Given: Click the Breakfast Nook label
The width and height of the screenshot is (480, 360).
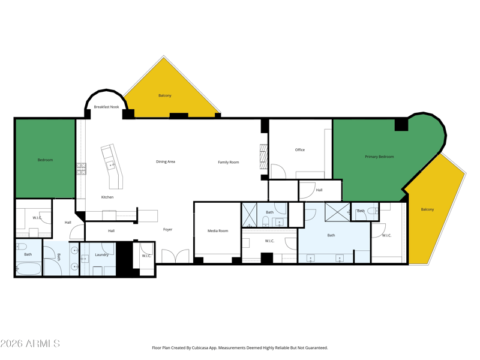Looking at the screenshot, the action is [106, 107].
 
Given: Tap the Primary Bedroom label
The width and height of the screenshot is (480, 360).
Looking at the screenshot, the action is [379, 157].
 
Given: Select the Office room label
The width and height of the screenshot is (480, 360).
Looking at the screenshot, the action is [299, 149].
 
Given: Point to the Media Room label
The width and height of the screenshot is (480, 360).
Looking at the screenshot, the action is [218, 231].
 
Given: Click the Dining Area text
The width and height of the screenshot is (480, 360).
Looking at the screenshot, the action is [166, 161].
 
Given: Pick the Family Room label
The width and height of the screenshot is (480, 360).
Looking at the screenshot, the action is [229, 162].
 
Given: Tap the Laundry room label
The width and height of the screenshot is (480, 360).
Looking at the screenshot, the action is [101, 254].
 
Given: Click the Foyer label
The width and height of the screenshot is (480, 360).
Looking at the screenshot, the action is [167, 229].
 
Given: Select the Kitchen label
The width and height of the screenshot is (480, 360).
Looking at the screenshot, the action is [107, 197].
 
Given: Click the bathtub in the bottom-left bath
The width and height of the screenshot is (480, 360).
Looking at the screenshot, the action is [28, 269].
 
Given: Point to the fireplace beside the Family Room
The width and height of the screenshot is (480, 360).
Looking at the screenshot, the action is [263, 157].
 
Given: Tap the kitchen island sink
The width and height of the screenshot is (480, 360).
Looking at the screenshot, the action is [110, 166].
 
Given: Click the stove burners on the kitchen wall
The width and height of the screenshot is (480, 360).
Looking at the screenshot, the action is [81, 169].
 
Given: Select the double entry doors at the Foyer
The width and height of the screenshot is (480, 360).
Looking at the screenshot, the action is [175, 256].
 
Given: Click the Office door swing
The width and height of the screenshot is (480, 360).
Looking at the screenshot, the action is [278, 172].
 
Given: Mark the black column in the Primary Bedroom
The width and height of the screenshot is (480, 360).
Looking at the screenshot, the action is [401, 124].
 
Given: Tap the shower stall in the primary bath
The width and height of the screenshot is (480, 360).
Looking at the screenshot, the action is [337, 211].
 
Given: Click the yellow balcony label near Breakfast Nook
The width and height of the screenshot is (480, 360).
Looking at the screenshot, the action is [164, 95].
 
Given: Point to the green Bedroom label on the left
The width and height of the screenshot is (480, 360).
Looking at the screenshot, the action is [45, 160].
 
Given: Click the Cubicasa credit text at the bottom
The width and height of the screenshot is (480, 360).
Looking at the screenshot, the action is [239, 348].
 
